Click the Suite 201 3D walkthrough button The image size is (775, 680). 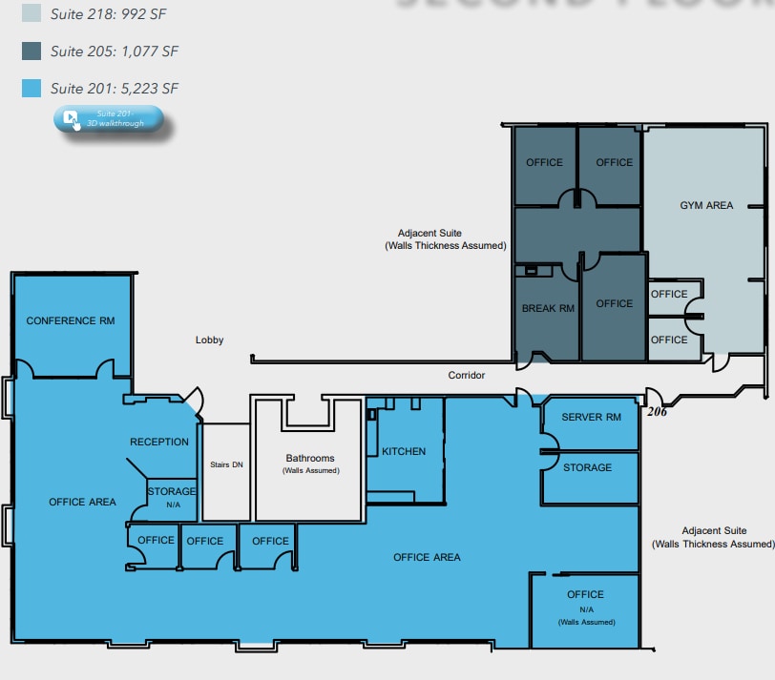point(109,119)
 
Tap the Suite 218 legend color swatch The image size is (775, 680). point(31,13)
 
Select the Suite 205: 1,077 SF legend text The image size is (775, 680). point(115,51)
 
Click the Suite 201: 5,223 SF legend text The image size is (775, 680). point(115,89)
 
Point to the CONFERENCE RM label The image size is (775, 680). point(71,320)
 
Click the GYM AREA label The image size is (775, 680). point(706,205)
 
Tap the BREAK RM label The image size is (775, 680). point(548,308)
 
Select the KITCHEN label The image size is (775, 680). point(404,451)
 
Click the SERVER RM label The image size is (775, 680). point(591,418)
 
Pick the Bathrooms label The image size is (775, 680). point(309,458)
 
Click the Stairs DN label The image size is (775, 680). point(226,465)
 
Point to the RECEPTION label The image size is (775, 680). point(159,442)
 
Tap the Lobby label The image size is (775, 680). point(209,340)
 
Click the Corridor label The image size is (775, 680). point(467,375)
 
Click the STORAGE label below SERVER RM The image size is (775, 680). point(587,467)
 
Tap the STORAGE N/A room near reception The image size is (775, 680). point(172,496)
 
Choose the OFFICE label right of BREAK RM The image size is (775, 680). point(614,303)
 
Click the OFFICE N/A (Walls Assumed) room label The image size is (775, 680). point(586,607)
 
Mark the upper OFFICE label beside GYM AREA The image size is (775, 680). point(669,294)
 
